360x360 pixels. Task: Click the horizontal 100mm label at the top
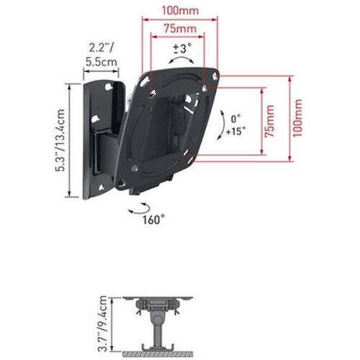(180, 11)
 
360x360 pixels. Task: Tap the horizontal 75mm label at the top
(180, 29)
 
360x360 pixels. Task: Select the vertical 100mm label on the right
(297, 118)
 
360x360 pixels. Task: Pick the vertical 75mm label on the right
(269, 121)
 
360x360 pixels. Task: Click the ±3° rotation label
(182, 48)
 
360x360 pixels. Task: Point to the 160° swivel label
(153, 220)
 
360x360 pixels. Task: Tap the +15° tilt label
(236, 131)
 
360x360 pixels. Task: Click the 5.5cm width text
(102, 63)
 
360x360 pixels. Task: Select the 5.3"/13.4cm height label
(60, 140)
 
